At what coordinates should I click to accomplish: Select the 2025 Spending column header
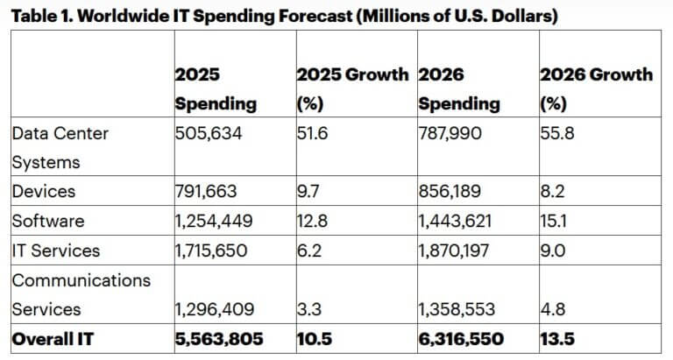[216, 88]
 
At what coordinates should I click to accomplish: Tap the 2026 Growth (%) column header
[597, 88]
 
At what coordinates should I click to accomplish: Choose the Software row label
[47, 221]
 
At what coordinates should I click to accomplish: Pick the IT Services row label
[56, 251]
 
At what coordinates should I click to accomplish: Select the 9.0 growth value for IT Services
[551, 251]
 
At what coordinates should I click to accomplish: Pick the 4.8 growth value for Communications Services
[551, 309]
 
